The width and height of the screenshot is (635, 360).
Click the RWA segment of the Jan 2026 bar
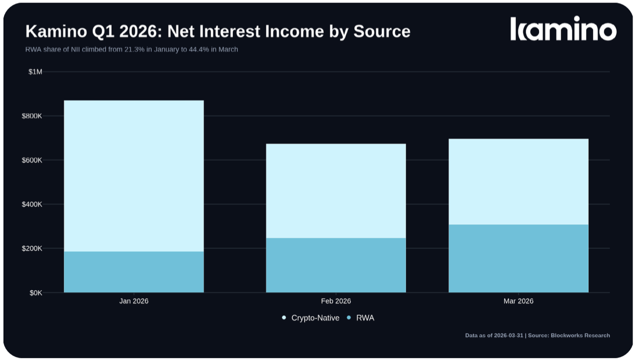pyautogui.click(x=134, y=272)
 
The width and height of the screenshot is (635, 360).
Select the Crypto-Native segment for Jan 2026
pyautogui.click(x=134, y=176)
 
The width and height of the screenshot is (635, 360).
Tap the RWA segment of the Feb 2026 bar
pyautogui.click(x=336, y=265)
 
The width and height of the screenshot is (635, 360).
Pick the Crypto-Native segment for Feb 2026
pyautogui.click(x=336, y=191)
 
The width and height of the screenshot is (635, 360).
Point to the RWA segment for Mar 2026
pyautogui.click(x=519, y=258)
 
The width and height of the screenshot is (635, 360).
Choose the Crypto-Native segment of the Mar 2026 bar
pyautogui.click(x=519, y=182)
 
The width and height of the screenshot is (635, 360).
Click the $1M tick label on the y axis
pyautogui.click(x=35, y=72)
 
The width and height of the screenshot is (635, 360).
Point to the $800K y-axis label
pyautogui.click(x=32, y=116)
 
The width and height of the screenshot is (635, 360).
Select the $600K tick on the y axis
pyautogui.click(x=32, y=160)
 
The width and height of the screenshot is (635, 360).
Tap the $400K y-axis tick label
pyautogui.click(x=32, y=204)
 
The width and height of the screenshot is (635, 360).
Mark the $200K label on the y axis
pyautogui.click(x=32, y=248)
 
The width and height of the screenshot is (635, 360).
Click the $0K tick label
pyautogui.click(x=36, y=293)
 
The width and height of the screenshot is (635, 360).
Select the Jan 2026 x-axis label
pyautogui.click(x=134, y=301)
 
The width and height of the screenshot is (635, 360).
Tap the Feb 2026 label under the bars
pyautogui.click(x=336, y=301)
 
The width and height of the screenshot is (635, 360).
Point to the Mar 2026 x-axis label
pyautogui.click(x=519, y=301)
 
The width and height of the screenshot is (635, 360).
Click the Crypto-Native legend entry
pyautogui.click(x=311, y=318)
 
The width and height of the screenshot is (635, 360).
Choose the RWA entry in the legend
pyautogui.click(x=361, y=318)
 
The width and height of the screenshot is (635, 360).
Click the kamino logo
pyautogui.click(x=563, y=29)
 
